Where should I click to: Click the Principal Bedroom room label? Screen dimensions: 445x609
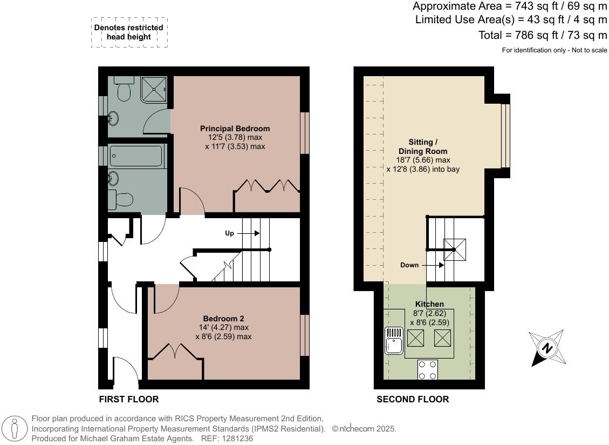[235, 129]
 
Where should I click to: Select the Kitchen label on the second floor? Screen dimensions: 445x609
[429, 304]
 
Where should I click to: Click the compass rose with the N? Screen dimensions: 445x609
[548, 348]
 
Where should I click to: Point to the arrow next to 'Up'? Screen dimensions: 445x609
[248, 233]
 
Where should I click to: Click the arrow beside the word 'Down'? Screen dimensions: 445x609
[434, 265]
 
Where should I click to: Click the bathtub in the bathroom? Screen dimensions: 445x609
[135, 156]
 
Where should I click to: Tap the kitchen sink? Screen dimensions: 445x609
[394, 341]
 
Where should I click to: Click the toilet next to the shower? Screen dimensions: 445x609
[123, 91]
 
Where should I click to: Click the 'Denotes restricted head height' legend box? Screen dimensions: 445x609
[128, 32]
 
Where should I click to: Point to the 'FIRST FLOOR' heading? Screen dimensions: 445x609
[128, 400]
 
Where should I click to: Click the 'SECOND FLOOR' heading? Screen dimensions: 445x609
[412, 400]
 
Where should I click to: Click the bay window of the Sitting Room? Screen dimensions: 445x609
[505, 136]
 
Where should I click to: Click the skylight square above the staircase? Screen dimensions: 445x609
[454, 249]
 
